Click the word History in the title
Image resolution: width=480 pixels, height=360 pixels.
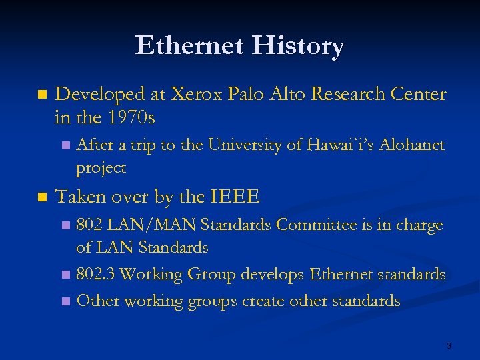click(x=297, y=47)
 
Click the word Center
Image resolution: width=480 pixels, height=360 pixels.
click(x=420, y=95)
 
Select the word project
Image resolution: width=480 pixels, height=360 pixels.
click(x=101, y=168)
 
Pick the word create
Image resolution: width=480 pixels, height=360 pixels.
click(x=269, y=301)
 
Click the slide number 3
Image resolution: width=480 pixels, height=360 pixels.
click(x=449, y=346)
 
